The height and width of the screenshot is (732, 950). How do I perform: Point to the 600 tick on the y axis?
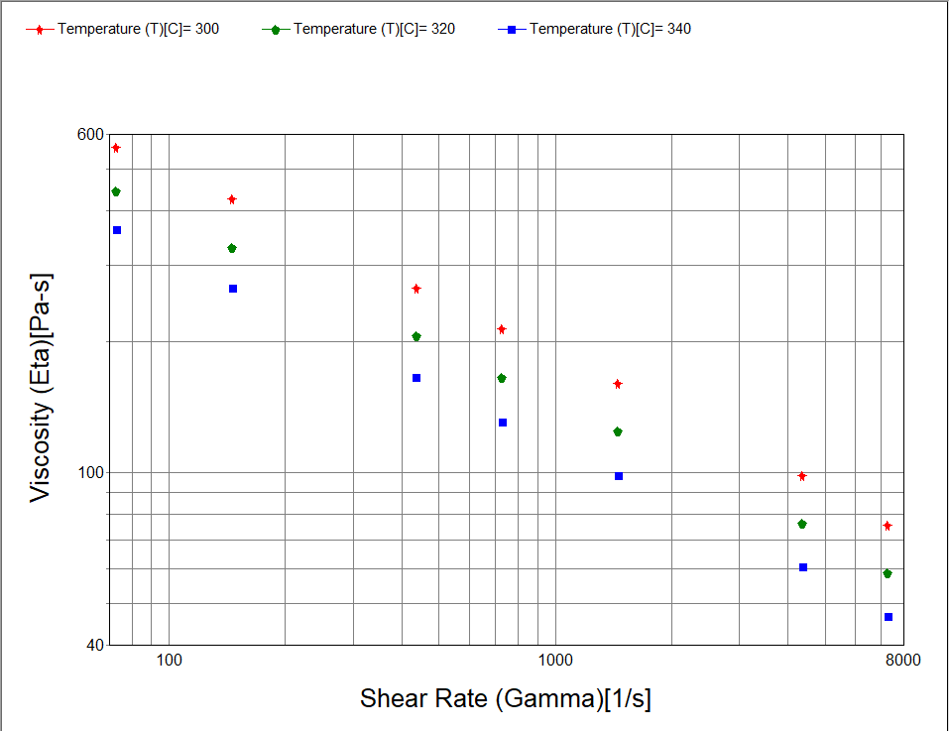[x=91, y=135]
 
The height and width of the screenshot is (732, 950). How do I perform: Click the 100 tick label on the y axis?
[x=91, y=472]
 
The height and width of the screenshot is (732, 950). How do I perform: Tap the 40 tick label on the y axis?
[x=95, y=645]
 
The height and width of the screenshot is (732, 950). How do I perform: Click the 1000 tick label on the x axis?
[x=554, y=660]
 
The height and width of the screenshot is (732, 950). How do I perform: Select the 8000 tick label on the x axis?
[x=901, y=660]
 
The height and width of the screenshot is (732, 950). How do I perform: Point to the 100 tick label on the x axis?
[x=169, y=660]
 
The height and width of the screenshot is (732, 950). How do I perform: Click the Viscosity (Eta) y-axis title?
[x=41, y=388]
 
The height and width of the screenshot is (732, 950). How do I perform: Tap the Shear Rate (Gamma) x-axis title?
[x=506, y=698]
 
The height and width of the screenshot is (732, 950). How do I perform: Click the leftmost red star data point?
[x=116, y=148]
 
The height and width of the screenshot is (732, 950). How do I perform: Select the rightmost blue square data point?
[x=889, y=617]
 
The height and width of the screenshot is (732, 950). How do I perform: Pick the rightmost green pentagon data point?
[x=888, y=573]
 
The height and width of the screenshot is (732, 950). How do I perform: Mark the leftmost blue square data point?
[x=117, y=230]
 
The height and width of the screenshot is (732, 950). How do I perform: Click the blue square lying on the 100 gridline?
[x=619, y=476]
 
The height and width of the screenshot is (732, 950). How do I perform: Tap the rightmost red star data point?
[x=888, y=526]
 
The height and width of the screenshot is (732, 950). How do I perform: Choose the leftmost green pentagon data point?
[x=116, y=191]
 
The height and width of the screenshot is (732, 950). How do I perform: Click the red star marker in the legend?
[x=40, y=29]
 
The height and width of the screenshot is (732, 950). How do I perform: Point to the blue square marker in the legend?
[x=512, y=29]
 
